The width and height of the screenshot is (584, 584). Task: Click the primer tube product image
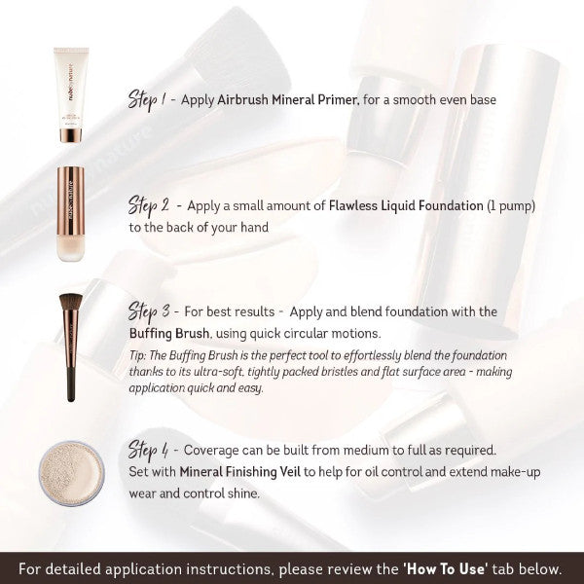71,95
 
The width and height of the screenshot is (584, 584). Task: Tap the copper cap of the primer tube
71,135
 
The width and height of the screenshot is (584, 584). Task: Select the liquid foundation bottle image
71,214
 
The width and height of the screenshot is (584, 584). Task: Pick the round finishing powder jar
71,473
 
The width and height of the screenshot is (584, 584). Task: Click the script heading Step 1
147,100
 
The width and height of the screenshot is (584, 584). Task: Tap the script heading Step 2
149,206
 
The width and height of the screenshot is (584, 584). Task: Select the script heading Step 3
149,311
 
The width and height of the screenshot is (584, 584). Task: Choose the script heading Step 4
148,451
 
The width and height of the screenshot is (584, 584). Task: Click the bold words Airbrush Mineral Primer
288,100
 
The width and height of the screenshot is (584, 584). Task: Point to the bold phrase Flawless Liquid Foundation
406,205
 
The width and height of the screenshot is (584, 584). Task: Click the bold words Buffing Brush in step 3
169,333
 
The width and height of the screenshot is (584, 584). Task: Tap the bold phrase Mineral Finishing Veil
239,472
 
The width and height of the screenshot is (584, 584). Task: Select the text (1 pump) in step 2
511,206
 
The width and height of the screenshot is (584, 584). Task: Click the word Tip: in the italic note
137,355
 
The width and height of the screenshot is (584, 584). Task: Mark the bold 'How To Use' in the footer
446,568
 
